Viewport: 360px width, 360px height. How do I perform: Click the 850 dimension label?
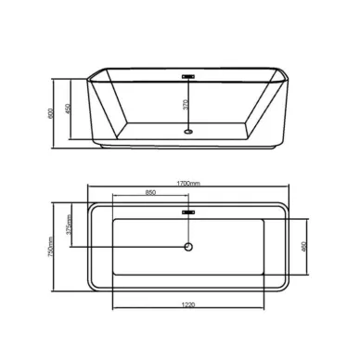coord(149,193)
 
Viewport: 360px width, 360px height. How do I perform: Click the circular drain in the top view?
coord(188,247)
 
